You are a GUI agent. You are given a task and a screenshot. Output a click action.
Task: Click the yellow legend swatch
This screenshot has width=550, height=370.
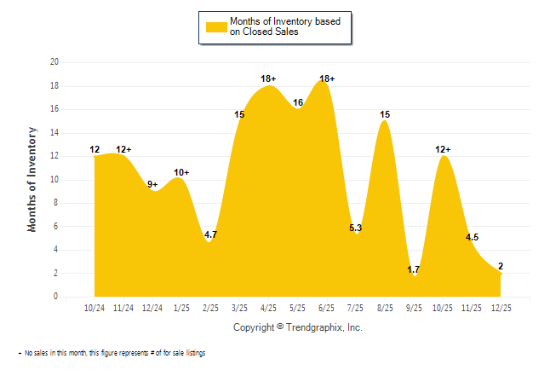[x=217, y=26]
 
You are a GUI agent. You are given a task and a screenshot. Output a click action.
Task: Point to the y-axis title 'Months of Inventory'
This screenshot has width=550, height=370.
[x=32, y=179]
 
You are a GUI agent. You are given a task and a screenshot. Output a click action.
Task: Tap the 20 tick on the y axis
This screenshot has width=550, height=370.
[x=54, y=62]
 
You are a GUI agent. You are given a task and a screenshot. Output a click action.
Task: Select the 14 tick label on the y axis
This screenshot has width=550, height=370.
[x=54, y=133]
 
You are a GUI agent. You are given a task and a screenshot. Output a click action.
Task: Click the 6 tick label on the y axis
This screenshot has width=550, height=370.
[x=55, y=227]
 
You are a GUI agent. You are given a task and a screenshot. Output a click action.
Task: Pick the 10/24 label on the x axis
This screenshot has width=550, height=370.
[x=95, y=307]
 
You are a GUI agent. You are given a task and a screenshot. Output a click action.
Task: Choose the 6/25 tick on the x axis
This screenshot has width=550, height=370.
[x=327, y=307]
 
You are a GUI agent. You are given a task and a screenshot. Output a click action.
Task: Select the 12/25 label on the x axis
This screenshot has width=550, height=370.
[x=501, y=307]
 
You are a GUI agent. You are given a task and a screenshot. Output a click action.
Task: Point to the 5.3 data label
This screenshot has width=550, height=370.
[x=356, y=227]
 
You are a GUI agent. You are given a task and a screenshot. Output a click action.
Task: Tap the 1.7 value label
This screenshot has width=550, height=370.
[x=415, y=269]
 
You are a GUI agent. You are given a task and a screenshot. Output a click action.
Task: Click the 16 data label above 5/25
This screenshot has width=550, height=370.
[x=298, y=102]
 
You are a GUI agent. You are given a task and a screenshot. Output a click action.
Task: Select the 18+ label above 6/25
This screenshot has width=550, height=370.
[x=327, y=78]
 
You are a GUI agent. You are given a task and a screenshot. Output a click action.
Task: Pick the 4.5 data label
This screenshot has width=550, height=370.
[x=472, y=238]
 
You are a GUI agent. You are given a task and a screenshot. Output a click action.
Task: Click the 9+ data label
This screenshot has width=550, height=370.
[x=153, y=184]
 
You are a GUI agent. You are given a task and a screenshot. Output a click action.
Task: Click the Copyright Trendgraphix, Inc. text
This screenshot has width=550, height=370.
[x=297, y=327]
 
